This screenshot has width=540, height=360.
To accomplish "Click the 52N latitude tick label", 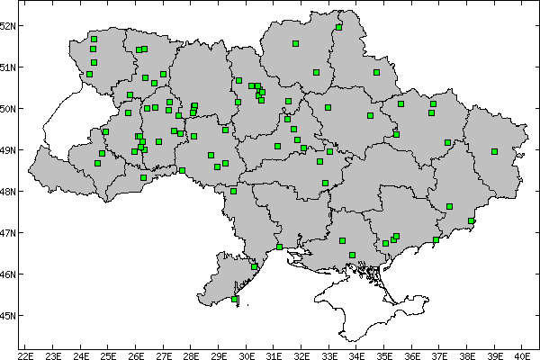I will point(8,25).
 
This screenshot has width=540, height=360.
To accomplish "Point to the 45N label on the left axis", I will point(8,316).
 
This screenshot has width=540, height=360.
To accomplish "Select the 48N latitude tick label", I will point(8,192).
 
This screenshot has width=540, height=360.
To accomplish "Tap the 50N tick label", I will point(8,109).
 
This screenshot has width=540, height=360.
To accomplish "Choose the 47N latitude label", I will point(8,233).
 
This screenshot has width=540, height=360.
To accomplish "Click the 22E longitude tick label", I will point(25,355).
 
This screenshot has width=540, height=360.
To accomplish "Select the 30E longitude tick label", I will point(247,355).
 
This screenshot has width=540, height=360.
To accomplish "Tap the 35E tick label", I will point(384,355).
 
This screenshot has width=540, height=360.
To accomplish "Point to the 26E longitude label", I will point(136,355).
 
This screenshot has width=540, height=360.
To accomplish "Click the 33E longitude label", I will point(329,355).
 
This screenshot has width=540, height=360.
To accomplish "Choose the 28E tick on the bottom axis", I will point(192,355).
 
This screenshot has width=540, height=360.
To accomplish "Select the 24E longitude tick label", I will point(81,355).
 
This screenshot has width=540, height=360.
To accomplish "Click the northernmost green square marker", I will point(338,27).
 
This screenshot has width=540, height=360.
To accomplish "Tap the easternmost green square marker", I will point(494,151).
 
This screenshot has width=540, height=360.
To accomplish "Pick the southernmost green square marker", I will point(235,299).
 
